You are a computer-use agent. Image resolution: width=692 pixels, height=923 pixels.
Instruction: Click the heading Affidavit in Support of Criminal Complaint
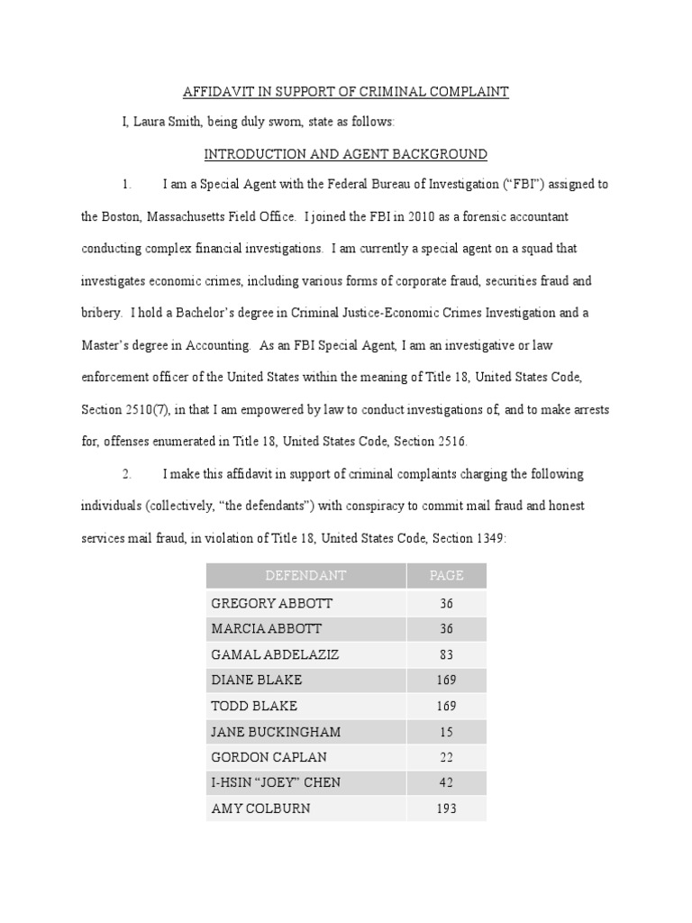[346, 92]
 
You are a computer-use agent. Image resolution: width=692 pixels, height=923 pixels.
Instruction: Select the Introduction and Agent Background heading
[346, 154]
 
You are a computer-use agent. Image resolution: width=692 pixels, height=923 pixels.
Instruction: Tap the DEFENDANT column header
[305, 575]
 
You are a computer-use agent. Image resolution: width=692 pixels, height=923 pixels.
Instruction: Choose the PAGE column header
[446, 575]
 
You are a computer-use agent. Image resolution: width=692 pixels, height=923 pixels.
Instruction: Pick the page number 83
[446, 653]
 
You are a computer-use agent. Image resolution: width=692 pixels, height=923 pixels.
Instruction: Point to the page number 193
[446, 809]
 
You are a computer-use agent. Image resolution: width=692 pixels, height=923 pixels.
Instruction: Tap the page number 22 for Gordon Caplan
[446, 757]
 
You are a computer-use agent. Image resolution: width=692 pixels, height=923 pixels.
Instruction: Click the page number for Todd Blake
[446, 706]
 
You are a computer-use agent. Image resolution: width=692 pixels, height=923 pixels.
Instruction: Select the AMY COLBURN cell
[259, 809]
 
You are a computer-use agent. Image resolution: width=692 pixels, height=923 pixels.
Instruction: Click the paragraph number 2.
[127, 474]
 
